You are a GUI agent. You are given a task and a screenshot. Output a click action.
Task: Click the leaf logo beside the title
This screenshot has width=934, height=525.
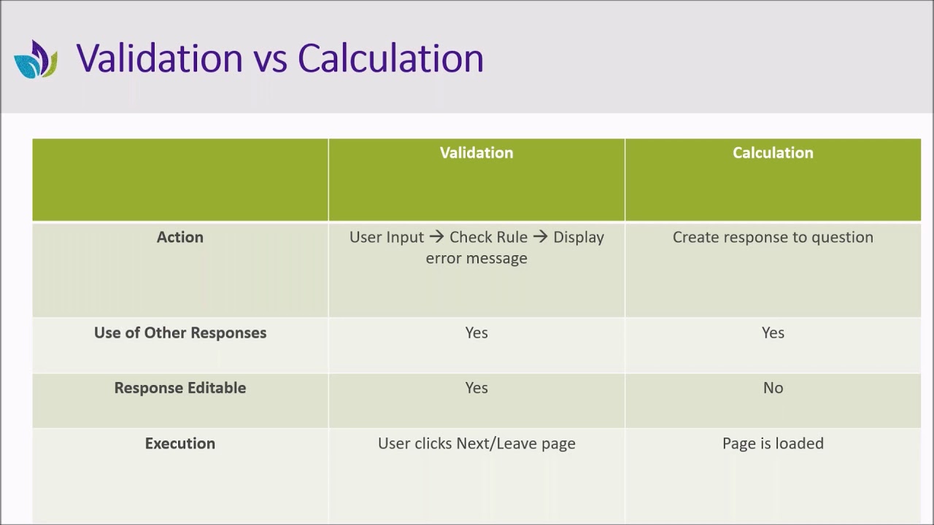coord(36,59)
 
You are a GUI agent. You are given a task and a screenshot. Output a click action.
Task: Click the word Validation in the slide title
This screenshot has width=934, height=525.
coord(159,58)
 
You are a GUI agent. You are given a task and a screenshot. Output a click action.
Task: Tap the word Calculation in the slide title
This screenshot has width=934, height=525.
coord(390,58)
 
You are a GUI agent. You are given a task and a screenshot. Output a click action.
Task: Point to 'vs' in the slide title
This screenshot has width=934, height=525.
coord(270,60)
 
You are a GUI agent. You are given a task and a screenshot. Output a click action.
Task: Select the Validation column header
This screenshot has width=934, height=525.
coord(476,153)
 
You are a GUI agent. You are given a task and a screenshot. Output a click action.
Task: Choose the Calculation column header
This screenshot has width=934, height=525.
coord(773,153)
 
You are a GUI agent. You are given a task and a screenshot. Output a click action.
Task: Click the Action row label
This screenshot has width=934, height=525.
coord(180,238)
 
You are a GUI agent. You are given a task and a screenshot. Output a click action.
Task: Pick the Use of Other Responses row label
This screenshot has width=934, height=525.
coord(180,333)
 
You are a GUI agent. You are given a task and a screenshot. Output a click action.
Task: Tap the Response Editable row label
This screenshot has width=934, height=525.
coord(180,388)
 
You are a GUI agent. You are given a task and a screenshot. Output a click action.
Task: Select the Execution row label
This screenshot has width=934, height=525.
coord(180,443)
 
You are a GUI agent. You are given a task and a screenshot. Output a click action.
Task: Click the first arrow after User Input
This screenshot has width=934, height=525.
coord(436,238)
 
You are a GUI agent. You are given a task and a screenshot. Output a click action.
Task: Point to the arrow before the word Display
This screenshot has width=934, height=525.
coord(540,238)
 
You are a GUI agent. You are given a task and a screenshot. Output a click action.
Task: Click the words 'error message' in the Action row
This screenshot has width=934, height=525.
coord(476,258)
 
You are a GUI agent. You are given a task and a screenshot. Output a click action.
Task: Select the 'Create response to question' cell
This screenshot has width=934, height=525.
coord(773,238)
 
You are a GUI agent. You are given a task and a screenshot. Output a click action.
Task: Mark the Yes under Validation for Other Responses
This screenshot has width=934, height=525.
coord(476,333)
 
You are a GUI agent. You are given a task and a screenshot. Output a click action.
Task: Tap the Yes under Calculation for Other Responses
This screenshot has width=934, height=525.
coord(773,333)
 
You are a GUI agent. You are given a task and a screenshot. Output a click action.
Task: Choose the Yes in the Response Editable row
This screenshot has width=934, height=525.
coord(476,388)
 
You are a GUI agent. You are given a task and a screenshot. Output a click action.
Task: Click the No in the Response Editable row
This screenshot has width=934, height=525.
coord(773,388)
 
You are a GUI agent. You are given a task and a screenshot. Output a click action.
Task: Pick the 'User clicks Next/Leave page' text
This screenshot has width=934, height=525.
coord(476,443)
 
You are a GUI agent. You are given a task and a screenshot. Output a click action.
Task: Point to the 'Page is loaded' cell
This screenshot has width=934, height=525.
coord(773,443)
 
